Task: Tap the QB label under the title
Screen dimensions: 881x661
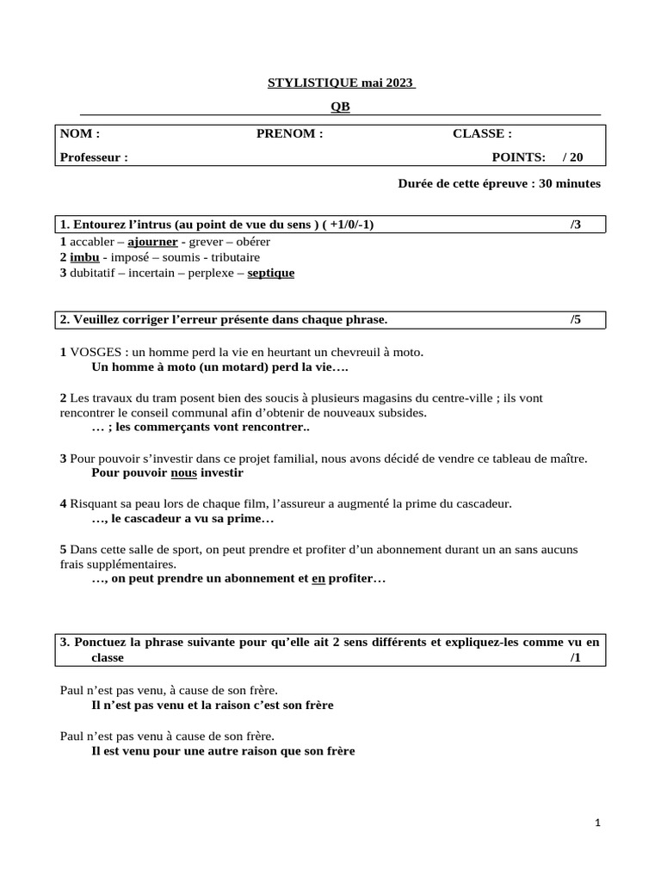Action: (341, 107)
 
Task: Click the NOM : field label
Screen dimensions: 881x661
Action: (80, 133)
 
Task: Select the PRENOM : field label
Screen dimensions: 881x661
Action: (289, 133)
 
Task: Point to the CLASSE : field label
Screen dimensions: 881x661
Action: (482, 133)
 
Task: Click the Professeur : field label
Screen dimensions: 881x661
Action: (94, 157)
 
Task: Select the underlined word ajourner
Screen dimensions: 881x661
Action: (152, 242)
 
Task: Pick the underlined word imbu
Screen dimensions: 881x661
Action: (82, 257)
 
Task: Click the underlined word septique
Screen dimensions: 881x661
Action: (271, 273)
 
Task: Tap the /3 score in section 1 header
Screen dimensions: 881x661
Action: (576, 225)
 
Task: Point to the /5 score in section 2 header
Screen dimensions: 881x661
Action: (576, 319)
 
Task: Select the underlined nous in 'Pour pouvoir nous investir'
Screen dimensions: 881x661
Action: (184, 472)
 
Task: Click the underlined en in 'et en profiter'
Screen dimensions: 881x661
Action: (318, 580)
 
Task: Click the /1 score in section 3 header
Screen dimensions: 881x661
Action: (576, 657)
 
